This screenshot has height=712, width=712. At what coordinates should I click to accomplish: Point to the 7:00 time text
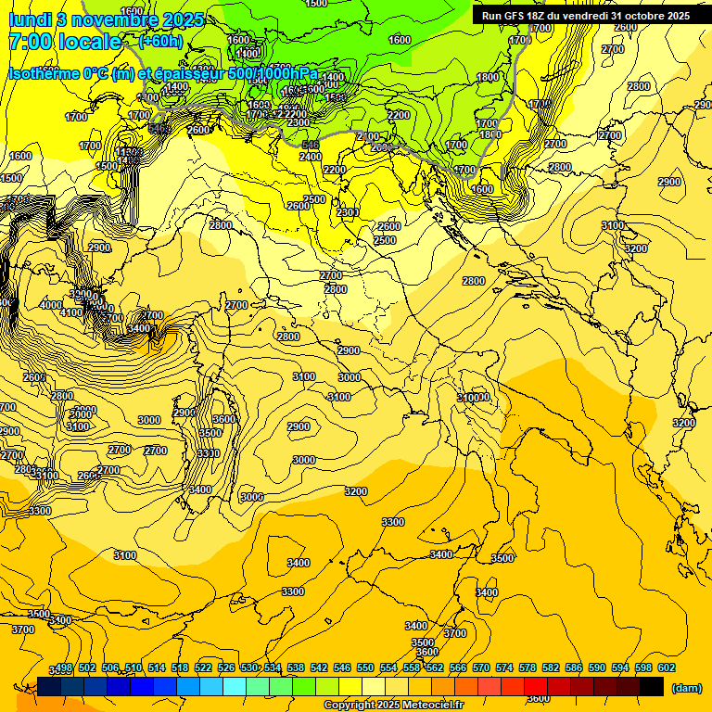[31, 42]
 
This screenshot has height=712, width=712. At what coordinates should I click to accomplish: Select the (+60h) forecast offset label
[160, 42]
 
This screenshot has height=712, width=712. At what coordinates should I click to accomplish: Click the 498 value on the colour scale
[64, 668]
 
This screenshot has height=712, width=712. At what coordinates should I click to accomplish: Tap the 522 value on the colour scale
[203, 668]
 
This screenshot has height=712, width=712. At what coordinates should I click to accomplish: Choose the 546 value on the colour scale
[342, 668]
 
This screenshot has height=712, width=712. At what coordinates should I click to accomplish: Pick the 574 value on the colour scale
[504, 668]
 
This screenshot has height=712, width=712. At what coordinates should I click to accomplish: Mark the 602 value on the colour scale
[667, 668]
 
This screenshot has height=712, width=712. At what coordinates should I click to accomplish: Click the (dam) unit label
[687, 687]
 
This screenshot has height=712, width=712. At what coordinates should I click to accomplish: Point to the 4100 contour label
[71, 313]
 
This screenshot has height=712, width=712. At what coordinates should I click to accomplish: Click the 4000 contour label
[51, 305]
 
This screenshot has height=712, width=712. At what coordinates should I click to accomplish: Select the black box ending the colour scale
[652, 686]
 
